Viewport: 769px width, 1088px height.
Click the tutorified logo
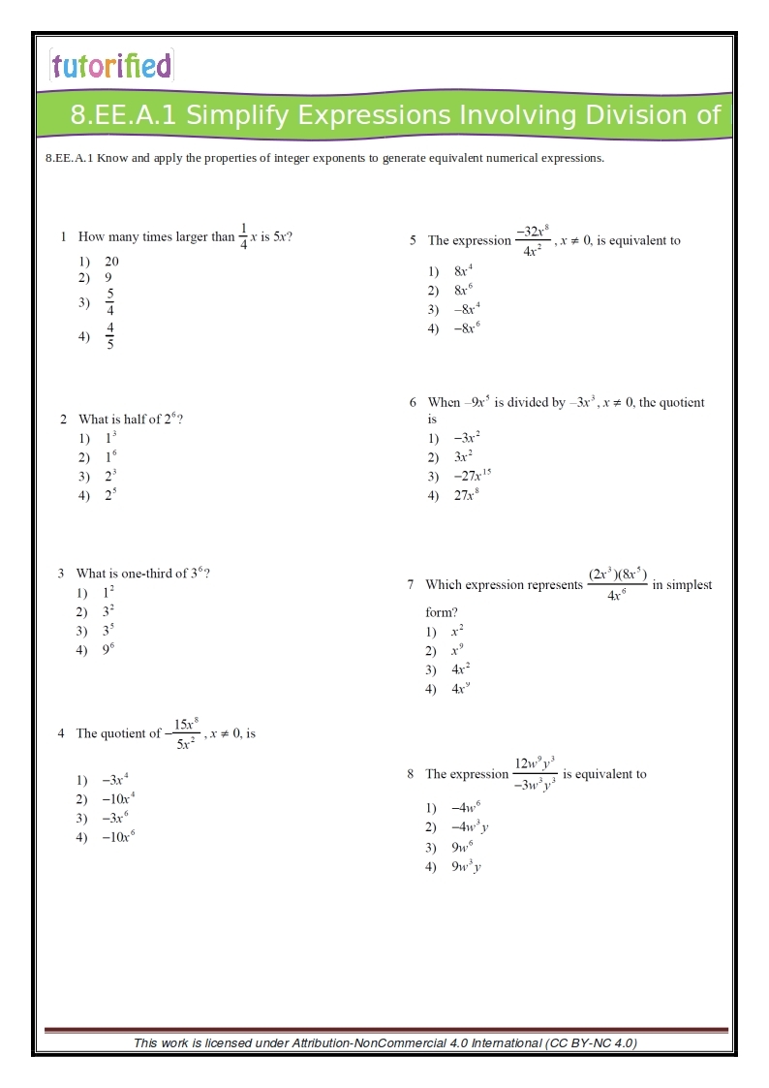point(111,65)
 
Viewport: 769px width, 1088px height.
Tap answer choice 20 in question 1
point(112,262)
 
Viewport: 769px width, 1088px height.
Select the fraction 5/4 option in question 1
point(110,302)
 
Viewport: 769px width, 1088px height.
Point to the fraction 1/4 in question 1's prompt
point(243,236)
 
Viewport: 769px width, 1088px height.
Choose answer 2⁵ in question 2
point(111,495)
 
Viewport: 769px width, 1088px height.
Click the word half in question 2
point(137,420)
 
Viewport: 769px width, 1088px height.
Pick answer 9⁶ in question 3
point(108,650)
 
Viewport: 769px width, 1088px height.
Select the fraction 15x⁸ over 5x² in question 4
point(185,733)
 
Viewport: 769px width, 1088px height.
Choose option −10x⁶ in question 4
point(118,837)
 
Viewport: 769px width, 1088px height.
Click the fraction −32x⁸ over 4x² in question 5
point(532,241)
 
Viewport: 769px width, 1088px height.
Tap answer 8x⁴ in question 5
point(463,271)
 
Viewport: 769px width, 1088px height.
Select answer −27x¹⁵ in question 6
point(473,476)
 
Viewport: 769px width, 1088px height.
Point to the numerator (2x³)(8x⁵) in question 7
point(617,574)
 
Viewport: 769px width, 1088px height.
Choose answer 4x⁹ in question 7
point(461,689)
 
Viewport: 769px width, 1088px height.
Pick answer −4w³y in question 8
point(470,827)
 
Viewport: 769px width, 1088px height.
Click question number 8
point(411,774)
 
